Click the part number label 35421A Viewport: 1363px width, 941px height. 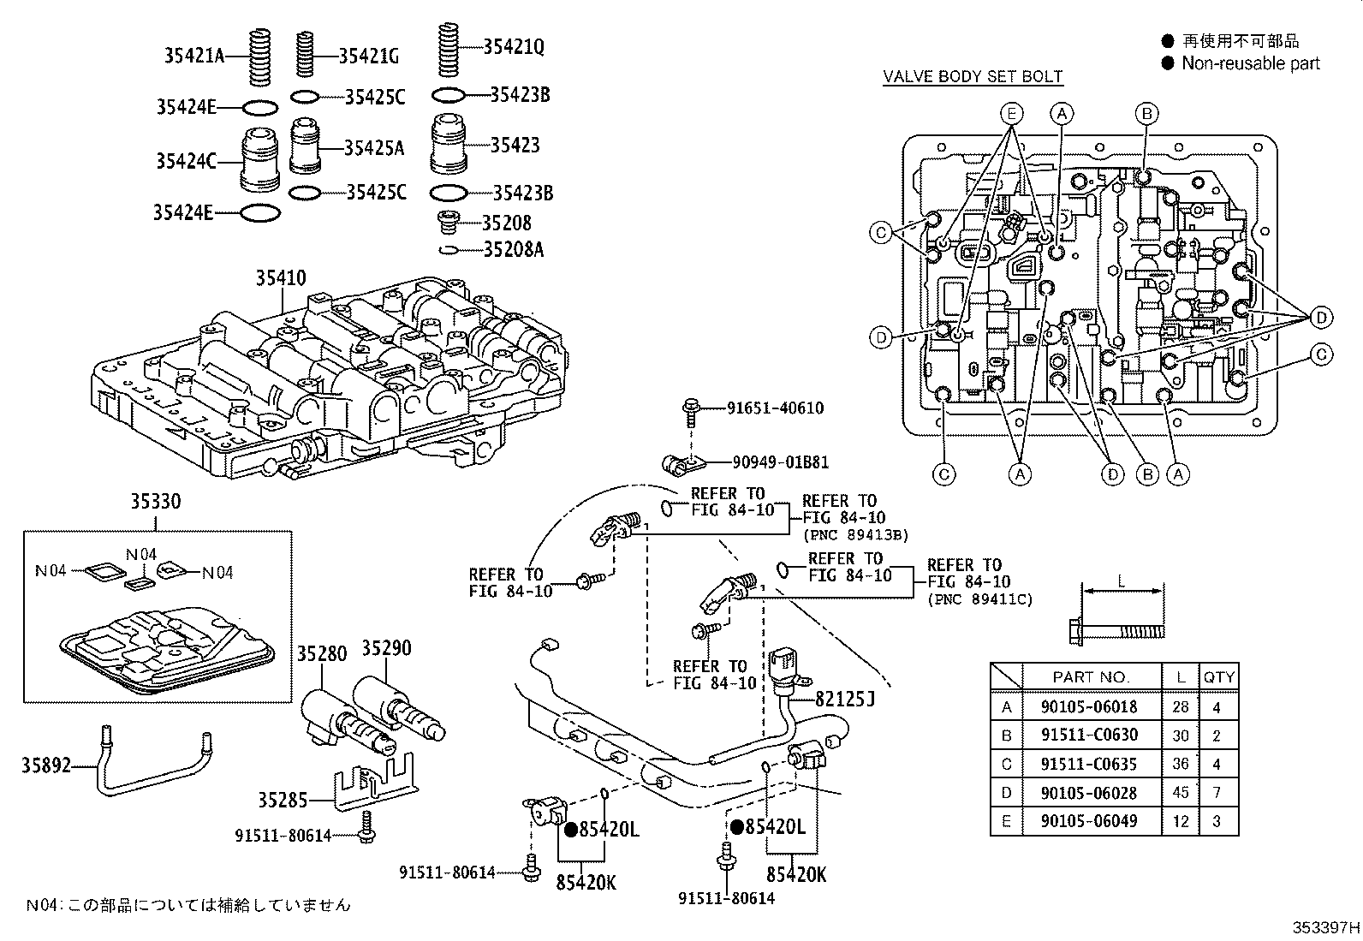[194, 57]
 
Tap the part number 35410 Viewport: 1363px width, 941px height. [280, 278]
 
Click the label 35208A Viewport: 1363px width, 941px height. [513, 250]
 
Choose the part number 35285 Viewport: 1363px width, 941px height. [282, 801]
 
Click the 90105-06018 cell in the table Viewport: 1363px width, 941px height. [1089, 706]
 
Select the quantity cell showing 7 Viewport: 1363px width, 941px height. [1217, 792]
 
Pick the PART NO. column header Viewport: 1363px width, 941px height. [1091, 676]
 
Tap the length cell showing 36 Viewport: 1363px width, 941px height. [1181, 764]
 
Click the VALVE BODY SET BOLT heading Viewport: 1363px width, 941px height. [973, 76]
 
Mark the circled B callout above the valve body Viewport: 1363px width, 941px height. [1146, 113]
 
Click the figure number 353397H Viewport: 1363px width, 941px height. [1325, 927]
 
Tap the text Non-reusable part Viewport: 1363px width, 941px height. [1251, 63]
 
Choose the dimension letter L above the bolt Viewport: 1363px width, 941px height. [1122, 581]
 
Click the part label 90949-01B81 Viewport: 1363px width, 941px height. [780, 462]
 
